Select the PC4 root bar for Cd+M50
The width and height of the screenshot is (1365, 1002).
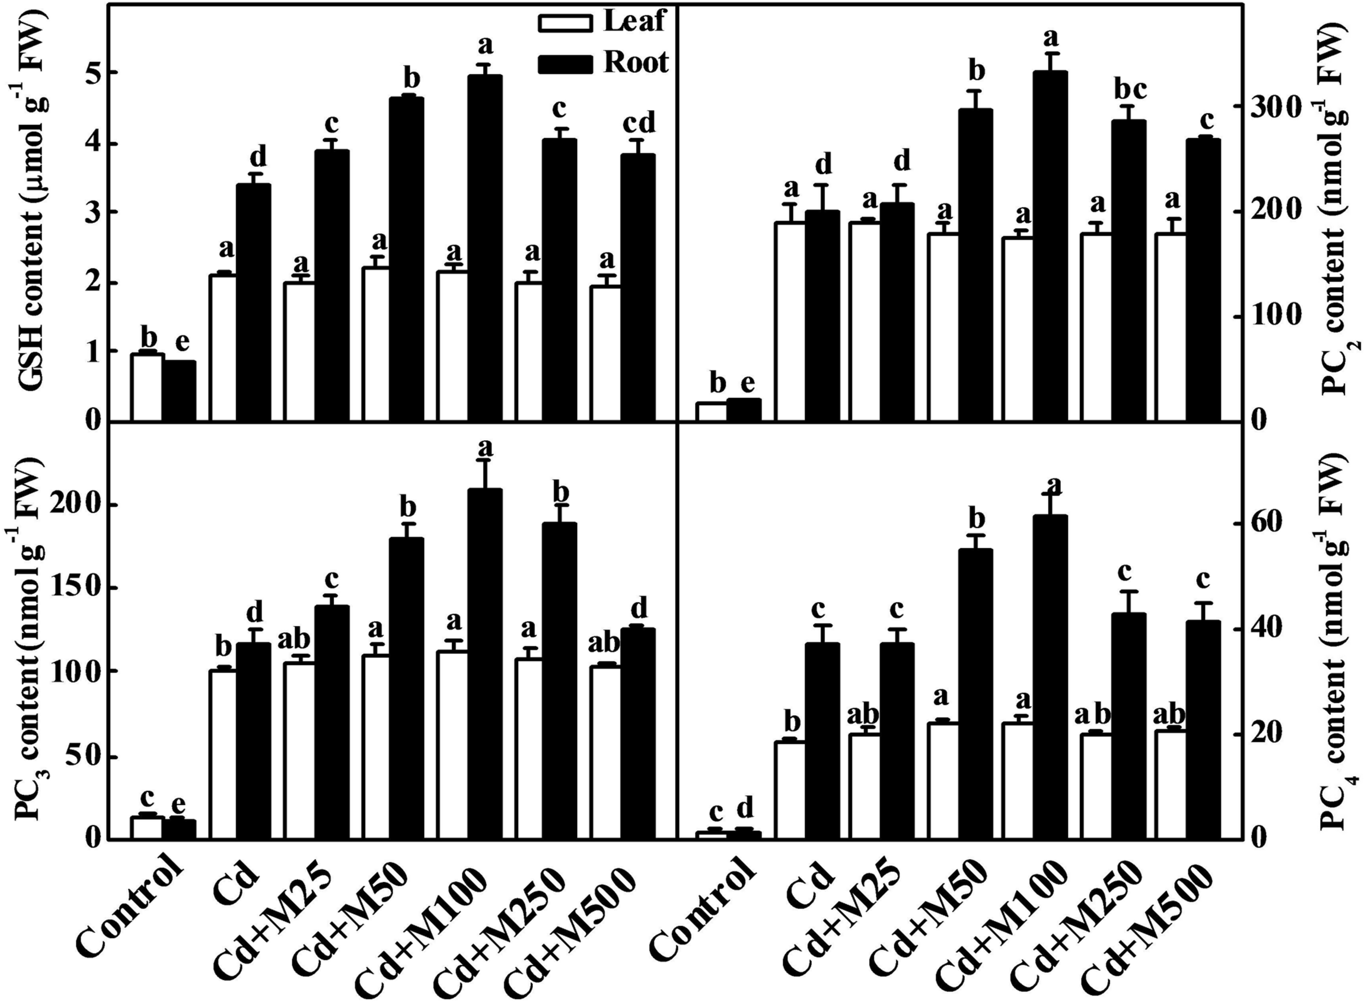tap(975, 695)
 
